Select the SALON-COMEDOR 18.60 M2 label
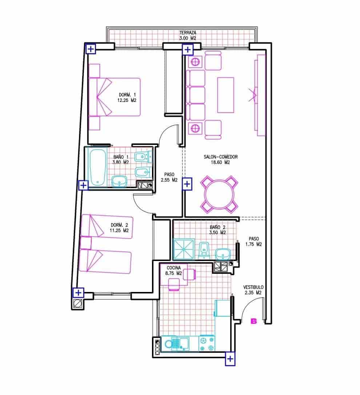point(221,159)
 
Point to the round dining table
point(220,195)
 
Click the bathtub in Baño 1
point(97,167)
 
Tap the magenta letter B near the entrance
point(253,321)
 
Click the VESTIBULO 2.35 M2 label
point(253,290)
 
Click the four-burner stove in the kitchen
point(207,343)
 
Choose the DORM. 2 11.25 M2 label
point(120,228)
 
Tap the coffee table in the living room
point(225,95)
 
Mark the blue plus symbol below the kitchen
point(230,359)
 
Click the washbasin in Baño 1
point(119,181)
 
